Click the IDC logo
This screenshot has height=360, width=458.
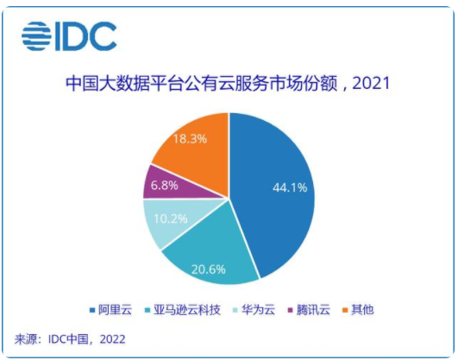[x=70, y=35]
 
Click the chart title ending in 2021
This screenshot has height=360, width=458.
[x=229, y=85]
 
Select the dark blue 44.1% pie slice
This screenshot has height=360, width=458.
[x=276, y=190]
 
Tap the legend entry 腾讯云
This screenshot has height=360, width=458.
[x=308, y=308]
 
